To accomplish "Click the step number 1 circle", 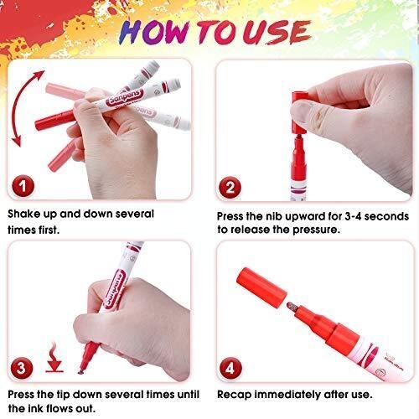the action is click(23, 186).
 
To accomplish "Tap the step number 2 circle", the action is click(230, 187).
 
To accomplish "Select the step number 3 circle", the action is click(22, 368).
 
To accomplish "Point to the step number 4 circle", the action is click(231, 369).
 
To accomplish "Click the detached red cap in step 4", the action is click(261, 287).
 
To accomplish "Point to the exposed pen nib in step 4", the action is click(292, 307).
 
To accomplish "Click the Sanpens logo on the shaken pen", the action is click(125, 97).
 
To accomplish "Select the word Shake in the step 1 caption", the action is click(24, 214).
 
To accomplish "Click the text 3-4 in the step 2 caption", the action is click(354, 216).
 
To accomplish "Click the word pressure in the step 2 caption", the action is click(316, 230).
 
